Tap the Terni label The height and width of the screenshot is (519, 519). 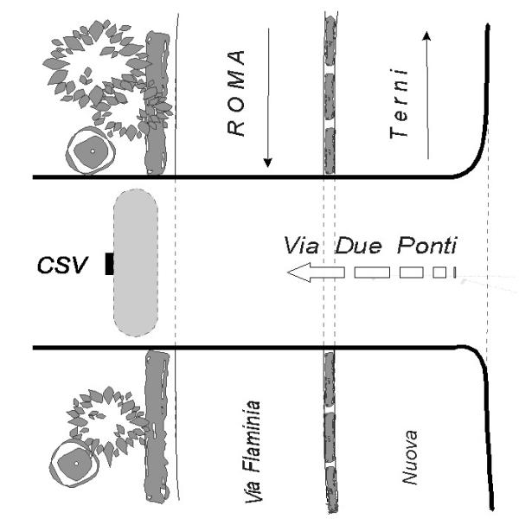click(399, 108)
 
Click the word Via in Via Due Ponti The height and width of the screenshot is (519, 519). click(302, 246)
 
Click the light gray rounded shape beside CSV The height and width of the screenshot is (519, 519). click(136, 262)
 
